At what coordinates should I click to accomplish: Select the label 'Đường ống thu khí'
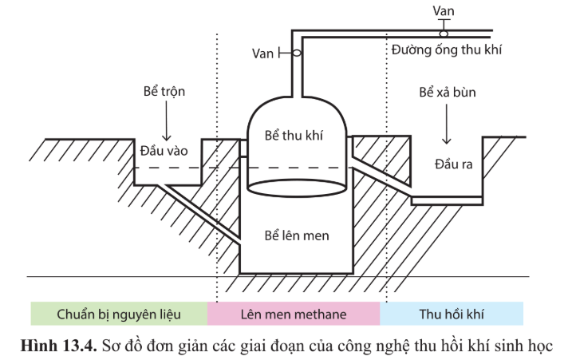[446, 49]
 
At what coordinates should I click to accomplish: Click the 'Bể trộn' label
[164, 91]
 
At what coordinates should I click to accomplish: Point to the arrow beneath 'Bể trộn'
[166, 121]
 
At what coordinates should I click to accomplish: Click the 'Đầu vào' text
[164, 151]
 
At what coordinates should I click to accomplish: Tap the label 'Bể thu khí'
[294, 136]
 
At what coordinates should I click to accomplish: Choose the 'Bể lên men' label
[297, 235]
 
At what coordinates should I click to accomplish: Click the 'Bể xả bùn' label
[448, 93]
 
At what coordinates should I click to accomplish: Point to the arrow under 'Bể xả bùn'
[446, 125]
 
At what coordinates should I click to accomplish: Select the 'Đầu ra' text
[454, 164]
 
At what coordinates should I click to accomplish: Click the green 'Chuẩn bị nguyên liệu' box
[119, 314]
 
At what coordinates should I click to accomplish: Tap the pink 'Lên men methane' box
[294, 314]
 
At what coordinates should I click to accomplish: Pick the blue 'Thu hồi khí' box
[452, 314]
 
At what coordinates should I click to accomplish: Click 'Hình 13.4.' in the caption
[59, 346]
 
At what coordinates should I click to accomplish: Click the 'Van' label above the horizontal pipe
[444, 11]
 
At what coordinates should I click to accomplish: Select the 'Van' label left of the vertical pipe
[262, 53]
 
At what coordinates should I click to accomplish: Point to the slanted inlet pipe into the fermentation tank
[199, 213]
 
